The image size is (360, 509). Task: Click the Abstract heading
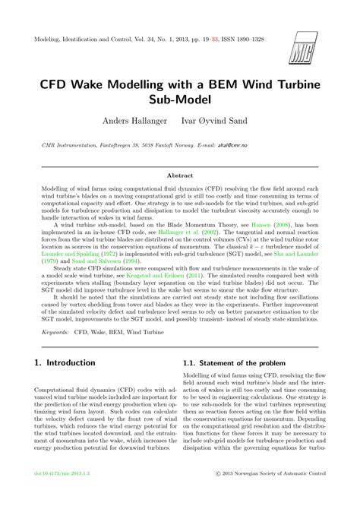click(x=180, y=174)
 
